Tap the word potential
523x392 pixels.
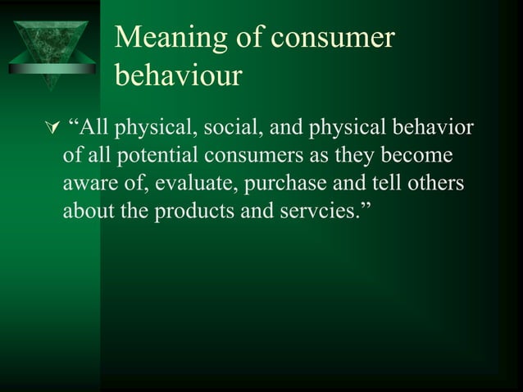158,156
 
